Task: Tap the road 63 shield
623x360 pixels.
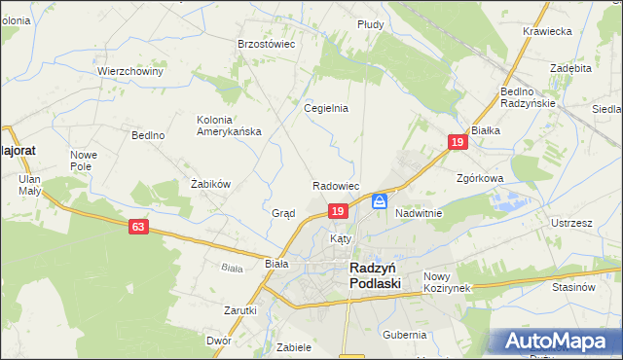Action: [139, 227]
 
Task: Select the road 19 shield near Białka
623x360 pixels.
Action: [458, 142]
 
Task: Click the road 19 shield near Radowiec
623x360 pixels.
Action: [337, 211]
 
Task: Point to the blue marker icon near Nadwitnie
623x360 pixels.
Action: [380, 201]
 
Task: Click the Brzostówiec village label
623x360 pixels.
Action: [267, 44]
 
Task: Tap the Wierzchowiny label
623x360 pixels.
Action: [129, 71]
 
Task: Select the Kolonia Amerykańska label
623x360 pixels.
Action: [229, 126]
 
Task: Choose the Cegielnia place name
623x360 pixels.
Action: [326, 108]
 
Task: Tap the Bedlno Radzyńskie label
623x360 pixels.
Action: [527, 97]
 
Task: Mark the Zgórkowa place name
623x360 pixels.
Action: [479, 179]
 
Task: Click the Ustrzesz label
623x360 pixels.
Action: [571, 223]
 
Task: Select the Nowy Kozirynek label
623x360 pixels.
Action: [447, 282]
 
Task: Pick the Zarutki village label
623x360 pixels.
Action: [240, 310]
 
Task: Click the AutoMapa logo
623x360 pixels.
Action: [559, 342]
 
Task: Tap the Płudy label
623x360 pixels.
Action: [370, 23]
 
